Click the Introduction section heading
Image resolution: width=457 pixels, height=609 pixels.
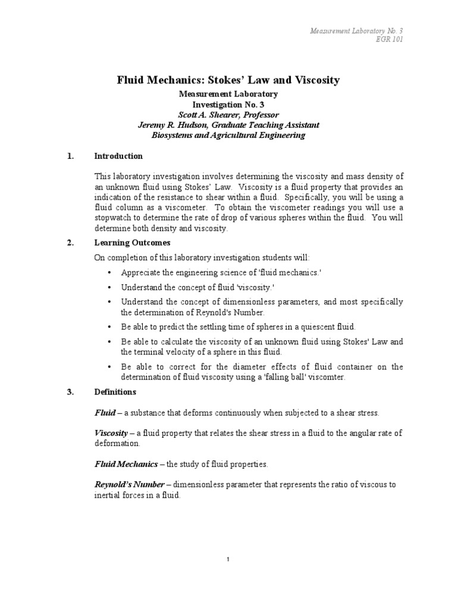pos(118,156)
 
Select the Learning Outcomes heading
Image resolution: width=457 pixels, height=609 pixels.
pos(132,243)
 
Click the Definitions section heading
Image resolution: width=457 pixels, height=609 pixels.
pos(115,392)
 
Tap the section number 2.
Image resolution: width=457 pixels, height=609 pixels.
pos(70,243)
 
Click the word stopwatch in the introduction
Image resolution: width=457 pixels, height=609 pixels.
pos(114,218)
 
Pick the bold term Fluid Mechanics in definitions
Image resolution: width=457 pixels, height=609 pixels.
pos(126,463)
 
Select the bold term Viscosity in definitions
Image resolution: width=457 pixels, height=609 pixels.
pos(112,434)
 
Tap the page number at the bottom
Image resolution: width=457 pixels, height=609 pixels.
pos(228,560)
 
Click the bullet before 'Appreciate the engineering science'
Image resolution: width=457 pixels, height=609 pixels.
pos(109,272)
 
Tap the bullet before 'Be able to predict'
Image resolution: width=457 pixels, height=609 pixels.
pos(109,327)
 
